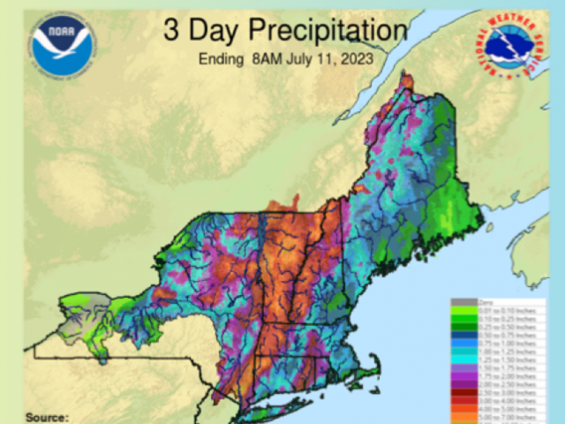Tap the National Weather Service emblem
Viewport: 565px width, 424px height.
point(515,44)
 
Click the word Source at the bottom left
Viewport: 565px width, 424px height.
point(47,416)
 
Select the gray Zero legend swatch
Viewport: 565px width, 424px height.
point(463,302)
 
